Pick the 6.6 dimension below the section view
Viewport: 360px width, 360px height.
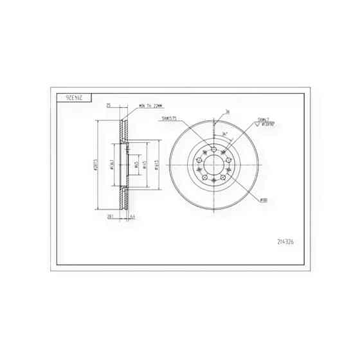tap(132, 217)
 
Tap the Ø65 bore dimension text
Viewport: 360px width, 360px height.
tap(136, 165)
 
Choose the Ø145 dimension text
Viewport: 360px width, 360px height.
tap(145, 165)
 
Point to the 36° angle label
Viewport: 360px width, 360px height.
tap(224, 134)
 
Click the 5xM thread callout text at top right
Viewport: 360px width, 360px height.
tap(263, 120)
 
